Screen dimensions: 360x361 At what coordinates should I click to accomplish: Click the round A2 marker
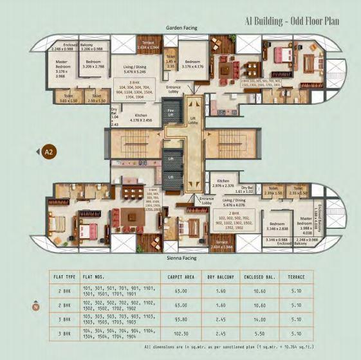(48, 152)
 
